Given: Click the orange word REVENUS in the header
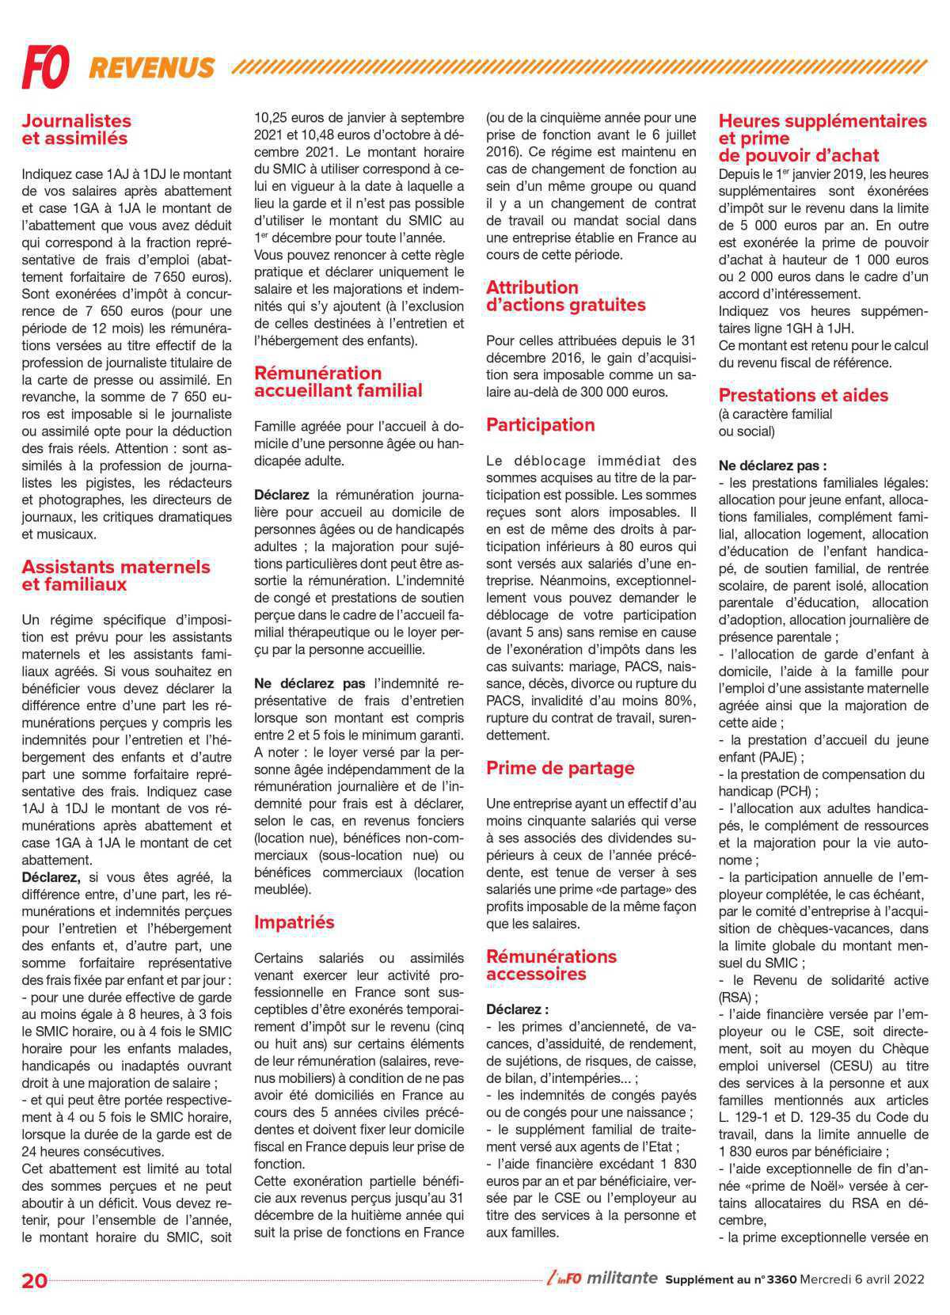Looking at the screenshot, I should click(151, 68).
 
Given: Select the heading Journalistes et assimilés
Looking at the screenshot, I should click(76, 130).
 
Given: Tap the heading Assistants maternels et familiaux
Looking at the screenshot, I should click(116, 576).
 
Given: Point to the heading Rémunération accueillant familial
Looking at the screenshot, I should click(338, 382).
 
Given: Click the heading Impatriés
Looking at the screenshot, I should click(294, 922).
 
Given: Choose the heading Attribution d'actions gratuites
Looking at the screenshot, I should click(565, 296).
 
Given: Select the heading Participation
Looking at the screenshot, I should click(540, 424).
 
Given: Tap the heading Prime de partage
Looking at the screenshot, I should click(560, 768).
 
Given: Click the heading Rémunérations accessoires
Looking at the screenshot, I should click(551, 965).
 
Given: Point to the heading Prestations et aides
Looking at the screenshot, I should click(803, 395).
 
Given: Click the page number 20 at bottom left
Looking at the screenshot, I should click(34, 1281).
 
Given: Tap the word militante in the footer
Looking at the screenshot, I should click(622, 1279).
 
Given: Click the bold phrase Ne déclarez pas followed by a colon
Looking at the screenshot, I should click(772, 466).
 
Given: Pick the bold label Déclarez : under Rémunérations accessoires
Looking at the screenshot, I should click(517, 1009).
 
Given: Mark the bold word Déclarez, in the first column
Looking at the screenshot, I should click(51, 877).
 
